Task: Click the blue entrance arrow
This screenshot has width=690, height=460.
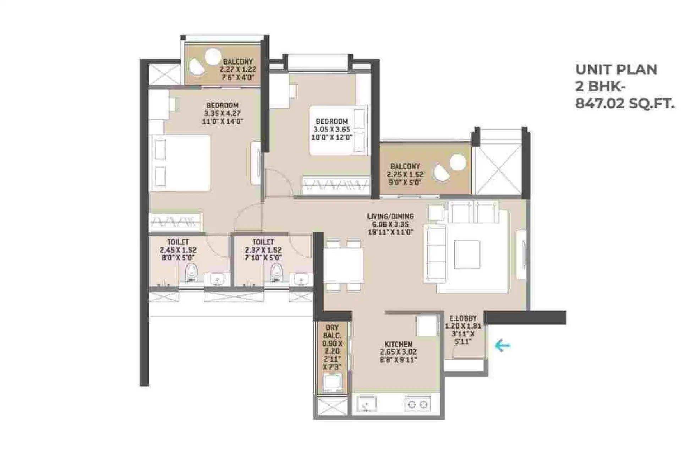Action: click(503, 345)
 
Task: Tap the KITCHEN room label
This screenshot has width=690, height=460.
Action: click(398, 344)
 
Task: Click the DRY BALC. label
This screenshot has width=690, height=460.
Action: click(332, 331)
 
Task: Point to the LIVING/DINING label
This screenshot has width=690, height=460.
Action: click(390, 216)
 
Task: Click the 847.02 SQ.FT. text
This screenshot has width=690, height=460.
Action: click(624, 104)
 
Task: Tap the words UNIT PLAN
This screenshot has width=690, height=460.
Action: click(616, 70)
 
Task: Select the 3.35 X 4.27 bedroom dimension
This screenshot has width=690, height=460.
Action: click(222, 114)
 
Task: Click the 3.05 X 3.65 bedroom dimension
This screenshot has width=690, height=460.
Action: click(332, 130)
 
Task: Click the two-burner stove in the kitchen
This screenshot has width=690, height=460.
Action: click(417, 404)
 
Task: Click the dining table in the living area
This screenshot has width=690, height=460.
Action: click(343, 265)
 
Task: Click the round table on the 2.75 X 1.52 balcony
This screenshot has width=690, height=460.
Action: click(457, 163)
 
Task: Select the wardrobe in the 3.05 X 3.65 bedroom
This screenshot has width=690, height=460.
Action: click(336, 185)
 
